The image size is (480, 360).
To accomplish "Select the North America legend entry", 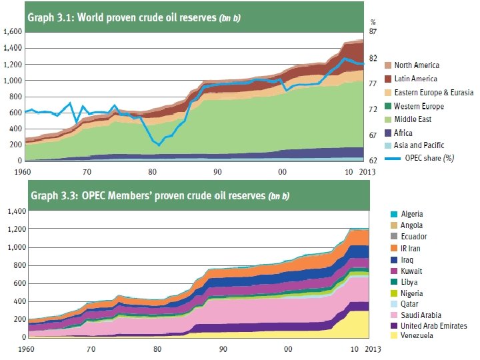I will (x=417, y=65).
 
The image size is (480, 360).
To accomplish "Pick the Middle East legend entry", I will (x=413, y=119).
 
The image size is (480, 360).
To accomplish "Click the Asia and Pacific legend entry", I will (x=419, y=145).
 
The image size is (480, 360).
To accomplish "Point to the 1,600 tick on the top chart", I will (x=11, y=31).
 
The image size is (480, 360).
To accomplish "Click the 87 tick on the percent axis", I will (x=374, y=31).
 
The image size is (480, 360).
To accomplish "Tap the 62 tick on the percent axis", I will (x=374, y=161).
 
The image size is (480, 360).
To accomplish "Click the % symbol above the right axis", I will (x=373, y=22).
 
